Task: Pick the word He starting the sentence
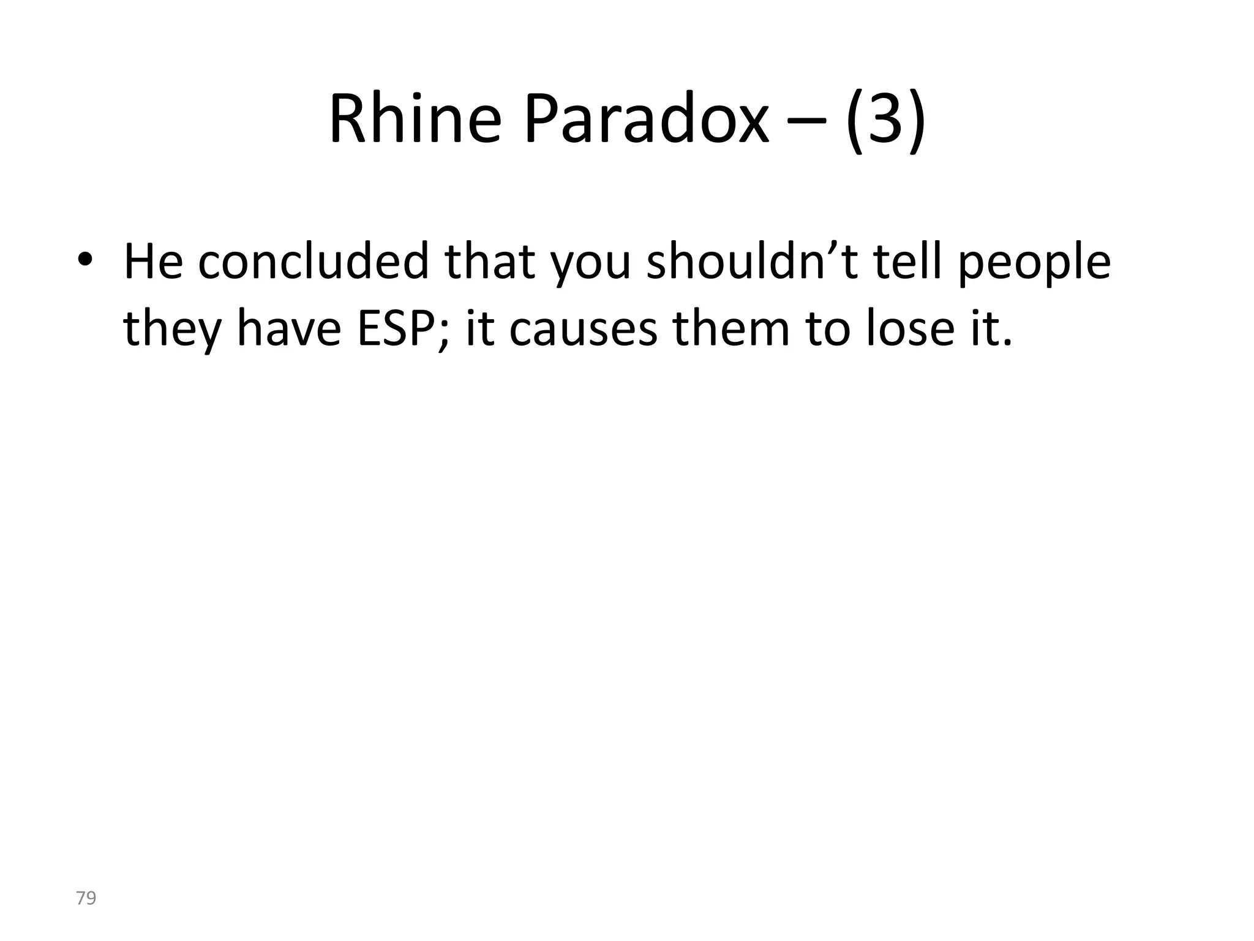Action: tap(153, 262)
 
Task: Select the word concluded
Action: tap(312, 262)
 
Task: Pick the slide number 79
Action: tap(86, 899)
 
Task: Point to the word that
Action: tap(490, 262)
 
